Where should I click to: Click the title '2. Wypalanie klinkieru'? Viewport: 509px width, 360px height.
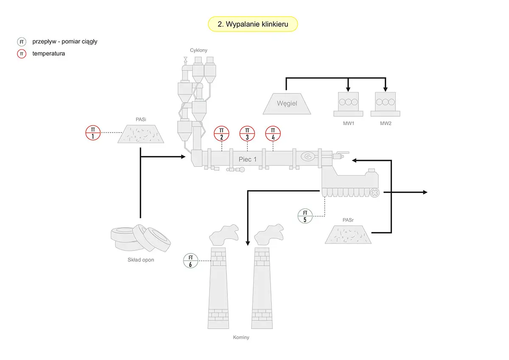tap(253, 24)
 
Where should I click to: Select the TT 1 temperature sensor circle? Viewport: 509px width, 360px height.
tap(93, 133)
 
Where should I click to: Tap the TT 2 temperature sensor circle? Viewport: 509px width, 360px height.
tap(221, 133)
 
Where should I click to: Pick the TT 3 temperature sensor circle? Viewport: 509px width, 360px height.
tap(247, 133)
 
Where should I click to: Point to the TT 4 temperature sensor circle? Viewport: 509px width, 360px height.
tap(273, 133)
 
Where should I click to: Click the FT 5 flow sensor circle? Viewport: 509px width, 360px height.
tap(305, 216)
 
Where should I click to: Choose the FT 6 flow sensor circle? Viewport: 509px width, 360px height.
tap(190, 261)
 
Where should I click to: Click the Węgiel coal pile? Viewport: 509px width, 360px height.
tap(287, 104)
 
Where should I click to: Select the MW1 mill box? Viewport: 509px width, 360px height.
tap(348, 104)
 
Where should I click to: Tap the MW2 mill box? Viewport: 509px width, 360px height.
tap(386, 104)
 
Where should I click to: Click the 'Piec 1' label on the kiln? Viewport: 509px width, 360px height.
tap(247, 159)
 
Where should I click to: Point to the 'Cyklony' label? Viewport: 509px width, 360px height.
tap(199, 50)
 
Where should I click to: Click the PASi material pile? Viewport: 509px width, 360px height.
tap(141, 134)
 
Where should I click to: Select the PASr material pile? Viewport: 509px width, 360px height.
tap(348, 234)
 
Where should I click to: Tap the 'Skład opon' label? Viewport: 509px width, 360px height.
tap(141, 260)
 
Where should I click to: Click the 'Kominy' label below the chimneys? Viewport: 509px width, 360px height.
tap(241, 337)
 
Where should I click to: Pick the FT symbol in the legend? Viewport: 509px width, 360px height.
tap(22, 42)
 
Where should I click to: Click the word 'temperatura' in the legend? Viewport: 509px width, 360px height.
tap(49, 53)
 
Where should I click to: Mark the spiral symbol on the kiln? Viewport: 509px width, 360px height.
tap(308, 157)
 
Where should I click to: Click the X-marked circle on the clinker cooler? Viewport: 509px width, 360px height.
tap(375, 193)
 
